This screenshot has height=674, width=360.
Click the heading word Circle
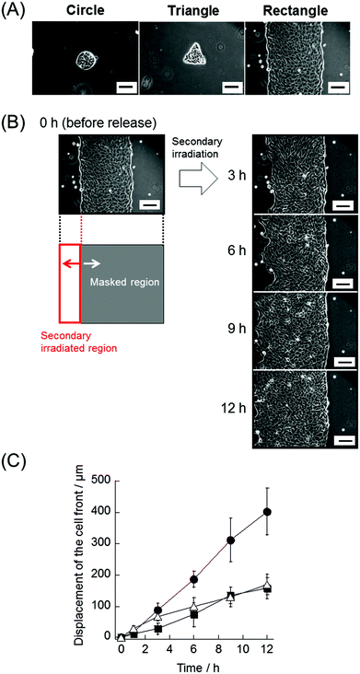(x=84, y=12)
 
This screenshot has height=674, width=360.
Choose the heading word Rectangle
(x=298, y=12)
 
